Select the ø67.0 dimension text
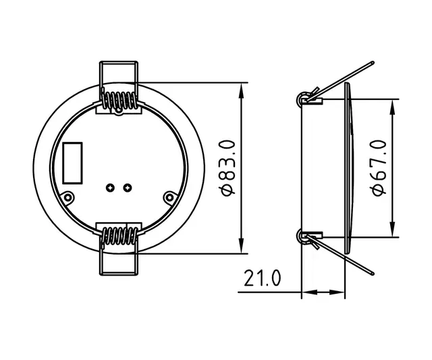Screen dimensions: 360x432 click(378, 168)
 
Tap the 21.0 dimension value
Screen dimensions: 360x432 click(261, 278)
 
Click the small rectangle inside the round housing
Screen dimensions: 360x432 click(72, 163)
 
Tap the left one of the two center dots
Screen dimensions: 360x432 click(111, 187)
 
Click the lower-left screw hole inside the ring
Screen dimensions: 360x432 click(68, 197)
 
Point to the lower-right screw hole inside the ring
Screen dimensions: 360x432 click(169, 197)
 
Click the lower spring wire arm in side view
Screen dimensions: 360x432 click(344, 257)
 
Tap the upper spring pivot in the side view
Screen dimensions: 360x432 click(303, 99)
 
